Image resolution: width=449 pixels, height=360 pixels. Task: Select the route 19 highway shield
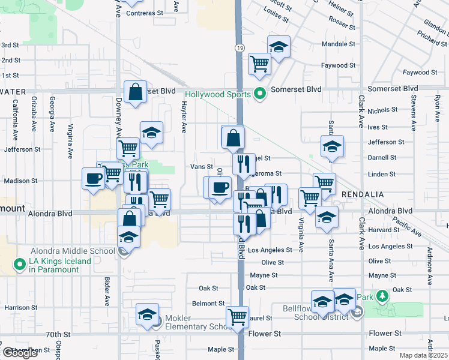239,47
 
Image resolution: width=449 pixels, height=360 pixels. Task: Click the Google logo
20,353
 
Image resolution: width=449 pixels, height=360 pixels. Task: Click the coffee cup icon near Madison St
94,178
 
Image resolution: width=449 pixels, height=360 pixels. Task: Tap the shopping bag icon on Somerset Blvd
136,91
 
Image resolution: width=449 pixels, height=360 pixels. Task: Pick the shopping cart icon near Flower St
238,316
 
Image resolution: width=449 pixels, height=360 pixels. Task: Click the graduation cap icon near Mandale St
279,47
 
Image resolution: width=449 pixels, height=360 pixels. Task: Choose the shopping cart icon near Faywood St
259,62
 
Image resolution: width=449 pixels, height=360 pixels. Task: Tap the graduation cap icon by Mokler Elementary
147,314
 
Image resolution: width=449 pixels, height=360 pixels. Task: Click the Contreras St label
145,13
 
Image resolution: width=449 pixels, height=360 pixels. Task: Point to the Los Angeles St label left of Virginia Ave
270,250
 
